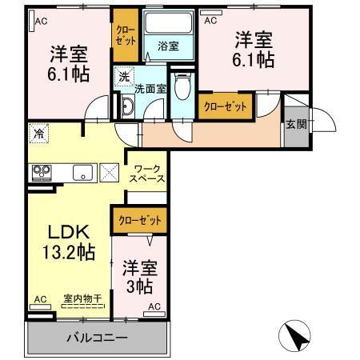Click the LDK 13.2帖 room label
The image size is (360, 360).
(x=70, y=242)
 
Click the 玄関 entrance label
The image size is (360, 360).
(x=295, y=124)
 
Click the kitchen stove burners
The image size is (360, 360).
(x=42, y=172)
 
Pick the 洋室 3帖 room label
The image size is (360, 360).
(x=139, y=275)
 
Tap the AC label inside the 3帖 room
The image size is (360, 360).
(x=154, y=306)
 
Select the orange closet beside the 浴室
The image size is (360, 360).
(x=126, y=37)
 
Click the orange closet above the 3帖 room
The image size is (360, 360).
(x=140, y=218)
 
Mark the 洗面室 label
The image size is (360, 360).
(x=150, y=89)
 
